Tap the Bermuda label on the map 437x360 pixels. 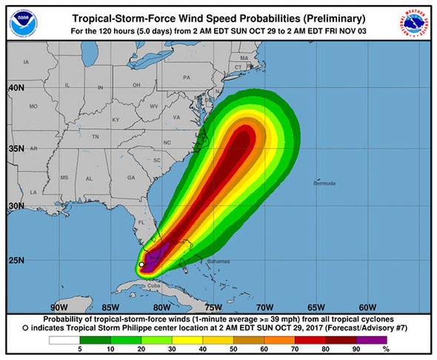[x=322, y=183]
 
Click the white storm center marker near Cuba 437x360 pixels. [x=141, y=264]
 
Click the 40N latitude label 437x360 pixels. [x=16, y=87]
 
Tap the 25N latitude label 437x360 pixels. [x=16, y=260]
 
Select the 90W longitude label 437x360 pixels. [x=59, y=307]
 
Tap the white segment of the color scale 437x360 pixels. [x=64, y=340]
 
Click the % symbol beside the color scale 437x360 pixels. [x=385, y=348]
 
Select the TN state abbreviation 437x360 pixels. [x=95, y=137]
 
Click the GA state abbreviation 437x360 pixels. [x=131, y=178]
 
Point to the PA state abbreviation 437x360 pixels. [x=187, y=77]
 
